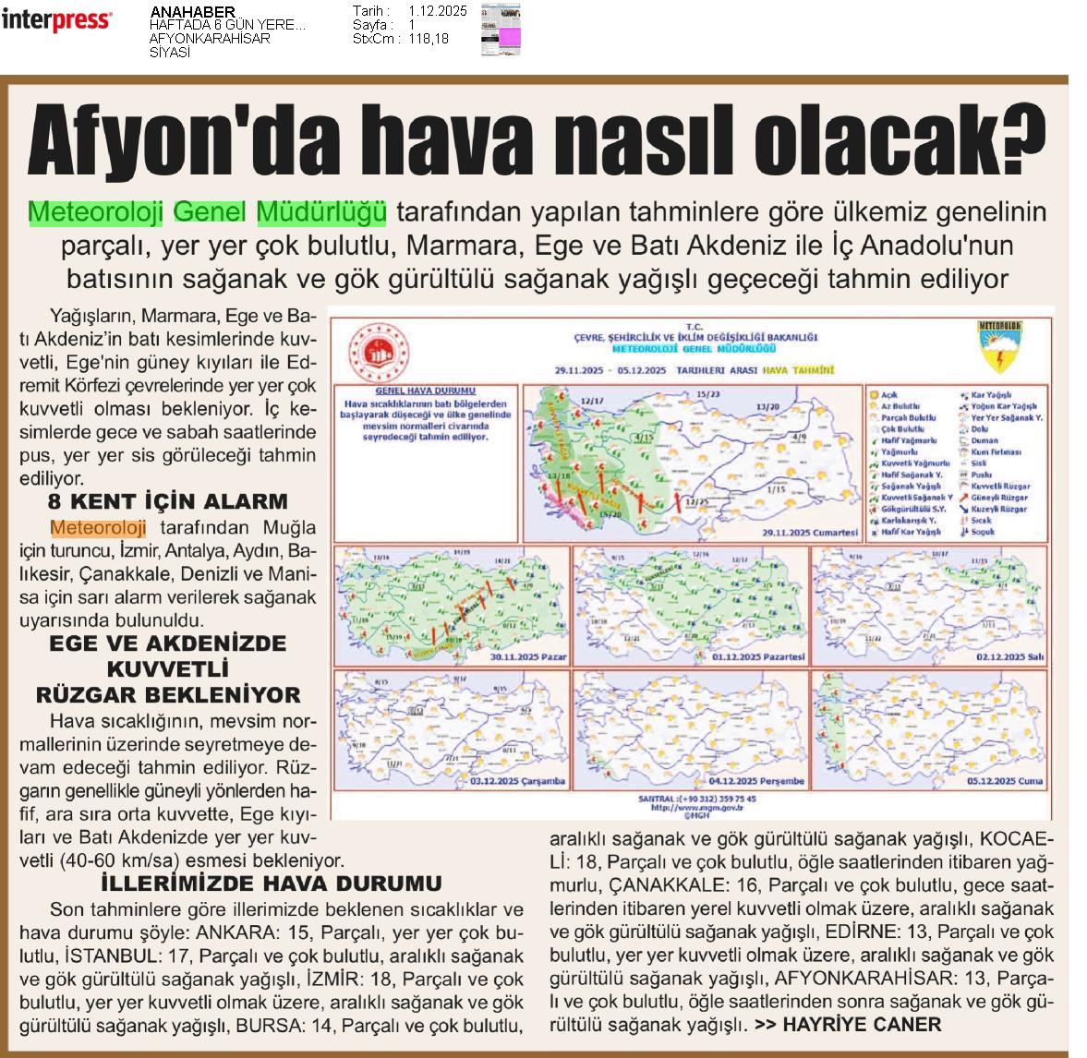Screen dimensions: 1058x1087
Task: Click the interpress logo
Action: pyautogui.click(x=56, y=19)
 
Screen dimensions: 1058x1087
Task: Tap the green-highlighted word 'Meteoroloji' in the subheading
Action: pyautogui.click(x=95, y=212)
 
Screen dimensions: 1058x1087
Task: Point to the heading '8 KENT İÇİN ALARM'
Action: pyautogui.click(x=168, y=501)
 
